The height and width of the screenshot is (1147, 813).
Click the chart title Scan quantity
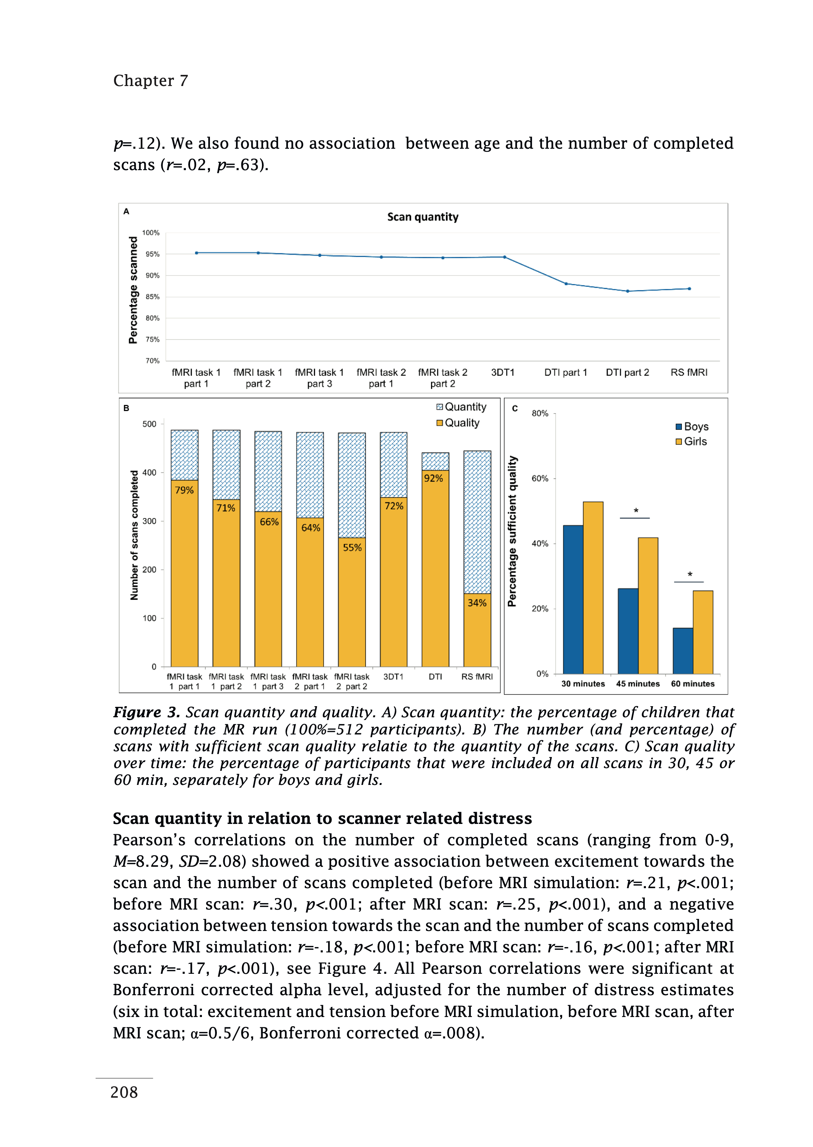(423, 217)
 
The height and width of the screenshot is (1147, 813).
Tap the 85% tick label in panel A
(153, 297)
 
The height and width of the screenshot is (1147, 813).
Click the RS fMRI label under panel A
(689, 372)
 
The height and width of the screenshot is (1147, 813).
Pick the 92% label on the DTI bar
(434, 478)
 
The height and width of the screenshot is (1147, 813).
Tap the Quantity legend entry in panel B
(461, 407)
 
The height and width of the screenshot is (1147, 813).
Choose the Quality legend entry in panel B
(458, 423)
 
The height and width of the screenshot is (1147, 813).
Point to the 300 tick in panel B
(149, 521)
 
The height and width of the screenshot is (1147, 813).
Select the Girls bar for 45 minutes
(648, 606)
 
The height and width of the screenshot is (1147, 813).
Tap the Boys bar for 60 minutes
(683, 651)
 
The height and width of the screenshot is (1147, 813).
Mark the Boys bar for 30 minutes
(573, 599)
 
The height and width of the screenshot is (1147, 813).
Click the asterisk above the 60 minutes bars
(690, 575)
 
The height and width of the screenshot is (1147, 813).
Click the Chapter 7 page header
(151, 81)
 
